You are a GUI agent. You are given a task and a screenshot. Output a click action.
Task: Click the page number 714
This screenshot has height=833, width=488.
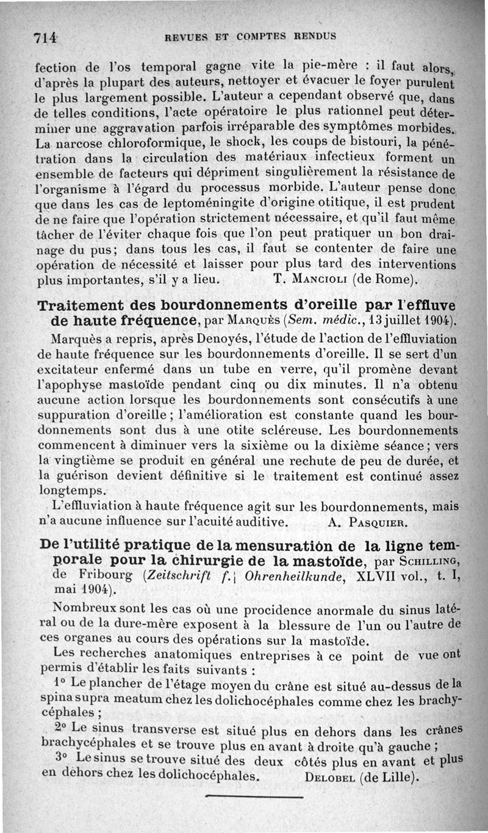pos(45,37)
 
